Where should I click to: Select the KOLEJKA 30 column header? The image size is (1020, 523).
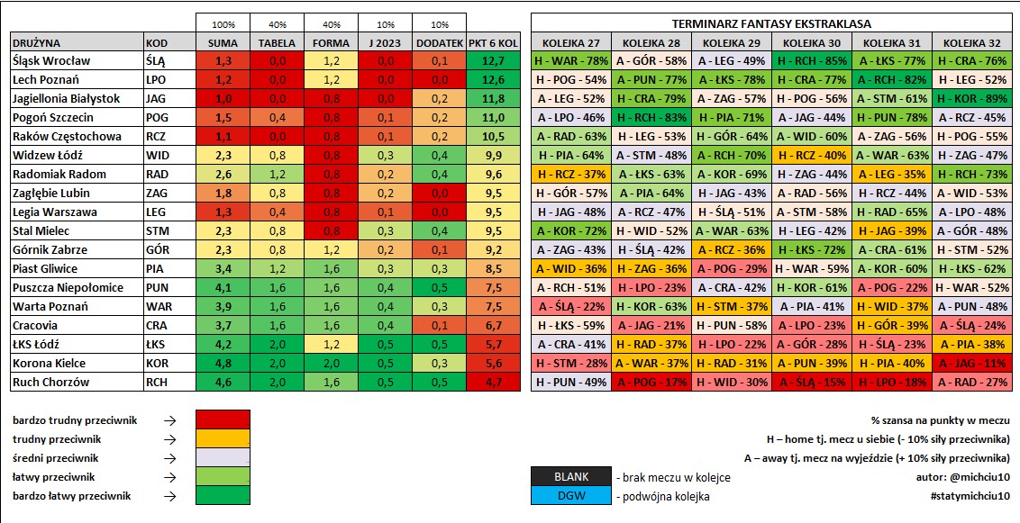812,43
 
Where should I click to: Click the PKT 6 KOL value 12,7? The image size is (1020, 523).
494,61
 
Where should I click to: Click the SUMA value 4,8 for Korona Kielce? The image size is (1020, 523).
223,363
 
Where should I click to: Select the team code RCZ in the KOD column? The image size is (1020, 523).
156,137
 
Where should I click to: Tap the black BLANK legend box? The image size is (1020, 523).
572,477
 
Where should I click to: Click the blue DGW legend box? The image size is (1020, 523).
572,496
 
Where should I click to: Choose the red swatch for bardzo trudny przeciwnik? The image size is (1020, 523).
223,419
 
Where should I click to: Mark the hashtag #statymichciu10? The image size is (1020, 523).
970,496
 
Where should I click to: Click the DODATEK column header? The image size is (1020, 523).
439,43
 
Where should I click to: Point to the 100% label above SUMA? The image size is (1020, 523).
223,24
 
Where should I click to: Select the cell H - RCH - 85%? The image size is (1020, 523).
812,61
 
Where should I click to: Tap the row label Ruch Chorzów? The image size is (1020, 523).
50,382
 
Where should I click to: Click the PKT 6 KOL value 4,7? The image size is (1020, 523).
494,382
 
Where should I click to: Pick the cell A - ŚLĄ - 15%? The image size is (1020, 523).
812,382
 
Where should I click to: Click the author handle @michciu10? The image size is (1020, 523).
980,477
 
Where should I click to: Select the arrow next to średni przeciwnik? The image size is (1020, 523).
169,458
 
